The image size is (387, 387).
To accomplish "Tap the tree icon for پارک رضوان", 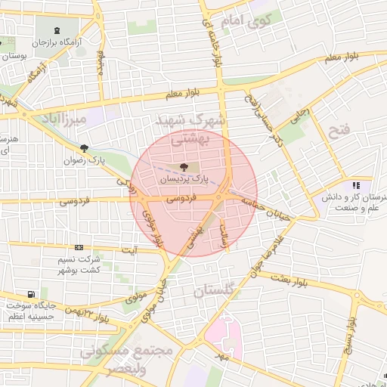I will click(x=83, y=149).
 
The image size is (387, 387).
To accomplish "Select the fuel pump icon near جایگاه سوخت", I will click(x=30, y=294).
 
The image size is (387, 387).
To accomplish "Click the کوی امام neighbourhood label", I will click(x=249, y=22).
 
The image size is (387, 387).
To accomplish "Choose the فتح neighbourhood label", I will click(x=339, y=130).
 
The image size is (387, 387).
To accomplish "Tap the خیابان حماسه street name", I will click(x=265, y=205).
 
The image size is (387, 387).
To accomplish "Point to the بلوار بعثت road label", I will click(x=291, y=280).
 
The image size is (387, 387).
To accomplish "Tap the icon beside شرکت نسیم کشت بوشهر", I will click(x=79, y=247).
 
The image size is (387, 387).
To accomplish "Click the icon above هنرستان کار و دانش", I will click(x=355, y=185).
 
